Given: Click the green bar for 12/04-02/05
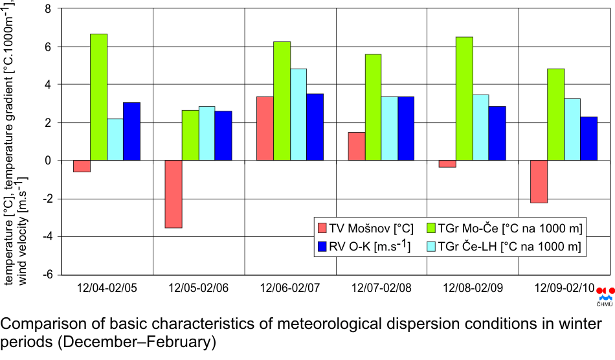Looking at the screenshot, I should (x=98, y=97).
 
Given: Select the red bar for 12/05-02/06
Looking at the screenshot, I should (x=173, y=194).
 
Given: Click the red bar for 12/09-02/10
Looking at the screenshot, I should (x=539, y=181).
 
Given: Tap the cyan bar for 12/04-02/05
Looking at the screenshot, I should (x=115, y=139).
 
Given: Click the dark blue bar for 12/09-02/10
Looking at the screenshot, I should (x=588, y=139).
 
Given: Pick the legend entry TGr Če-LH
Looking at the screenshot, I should (x=509, y=247).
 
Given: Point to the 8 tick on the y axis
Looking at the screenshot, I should (x=46, y=9).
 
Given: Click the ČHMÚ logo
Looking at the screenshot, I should (x=604, y=295).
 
